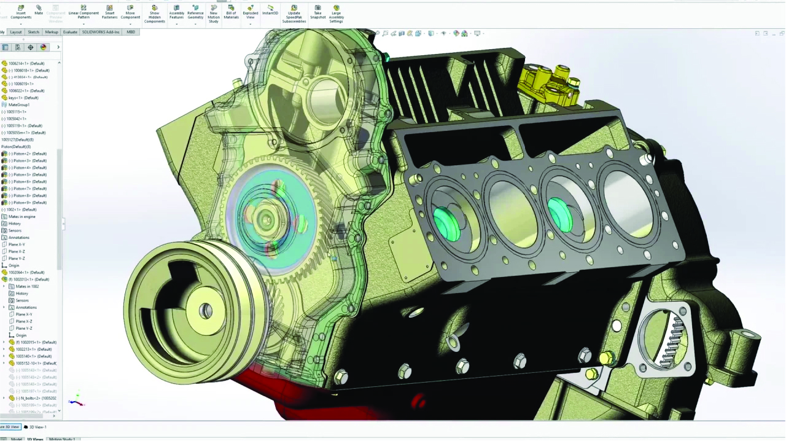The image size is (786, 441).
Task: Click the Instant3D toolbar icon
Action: pos(270,9)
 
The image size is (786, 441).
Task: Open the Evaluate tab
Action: pos(70,32)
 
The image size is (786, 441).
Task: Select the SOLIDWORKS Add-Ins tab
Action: pos(101,32)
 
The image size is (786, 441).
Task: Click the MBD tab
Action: pos(131,32)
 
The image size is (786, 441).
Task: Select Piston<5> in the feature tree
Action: pos(27,174)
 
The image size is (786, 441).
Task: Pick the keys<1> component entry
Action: pos(23,98)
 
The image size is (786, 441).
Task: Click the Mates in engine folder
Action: pos(22,216)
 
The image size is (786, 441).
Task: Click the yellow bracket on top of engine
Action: pos(550,85)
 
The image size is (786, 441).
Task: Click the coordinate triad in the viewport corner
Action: pos(76,402)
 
